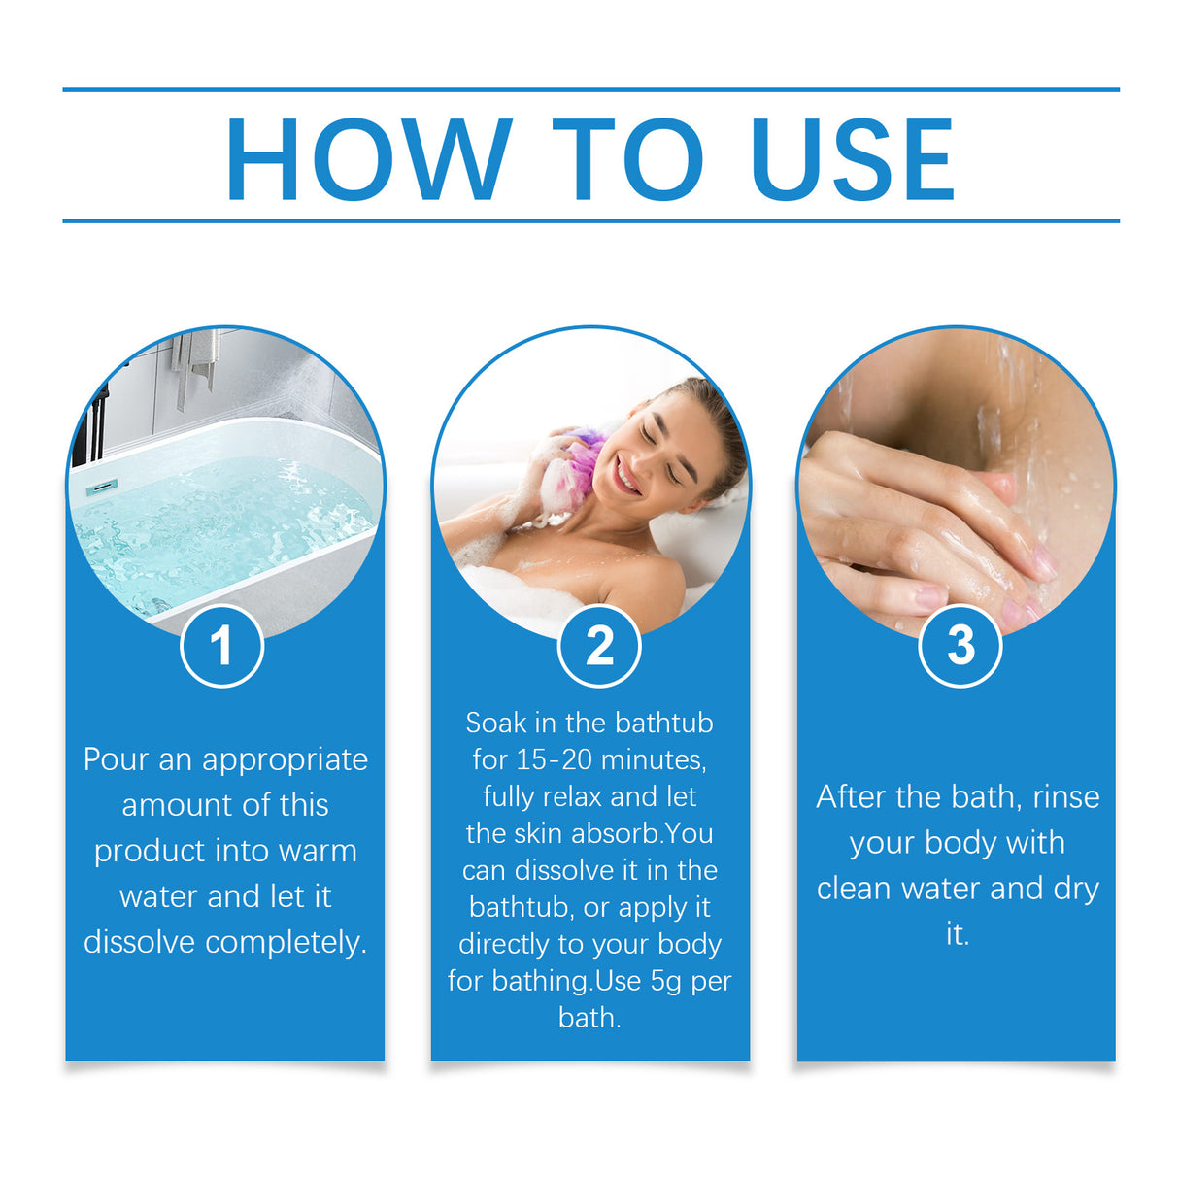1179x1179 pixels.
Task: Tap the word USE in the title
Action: (x=853, y=158)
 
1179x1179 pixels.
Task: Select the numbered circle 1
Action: (x=222, y=646)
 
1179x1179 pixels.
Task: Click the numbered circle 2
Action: (x=599, y=646)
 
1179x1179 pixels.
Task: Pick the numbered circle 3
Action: (x=960, y=646)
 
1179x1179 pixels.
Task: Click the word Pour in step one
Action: (x=116, y=759)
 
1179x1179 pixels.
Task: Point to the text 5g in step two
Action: (x=666, y=981)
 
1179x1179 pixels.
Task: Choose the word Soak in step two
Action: (x=495, y=723)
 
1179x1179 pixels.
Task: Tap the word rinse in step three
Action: (x=1065, y=796)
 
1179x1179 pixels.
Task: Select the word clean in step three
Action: (x=855, y=889)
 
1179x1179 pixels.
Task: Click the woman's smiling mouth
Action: (x=628, y=478)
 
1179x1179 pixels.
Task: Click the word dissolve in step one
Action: (x=140, y=942)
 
